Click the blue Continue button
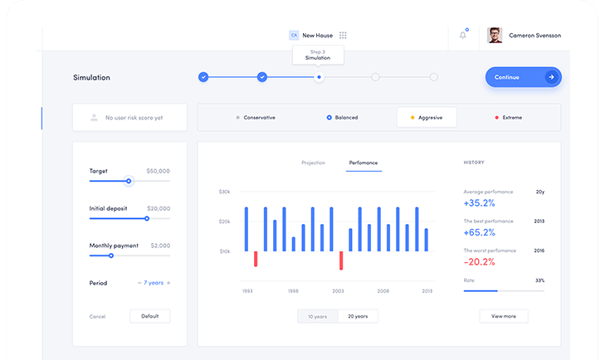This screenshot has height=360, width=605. [523, 77]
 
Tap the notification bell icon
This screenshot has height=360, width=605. [462, 35]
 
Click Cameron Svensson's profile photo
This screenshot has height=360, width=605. [495, 35]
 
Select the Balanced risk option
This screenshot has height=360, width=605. [342, 118]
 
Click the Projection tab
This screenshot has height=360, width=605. [313, 163]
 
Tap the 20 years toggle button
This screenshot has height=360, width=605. [359, 316]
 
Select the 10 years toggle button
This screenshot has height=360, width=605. [318, 316]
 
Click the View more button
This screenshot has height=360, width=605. [503, 316]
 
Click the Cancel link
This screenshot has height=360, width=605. [98, 316]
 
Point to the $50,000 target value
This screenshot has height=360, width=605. [158, 171]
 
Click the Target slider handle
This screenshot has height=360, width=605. [129, 181]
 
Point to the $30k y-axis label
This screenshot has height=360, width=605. [224, 192]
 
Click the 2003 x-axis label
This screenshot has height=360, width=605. [338, 291]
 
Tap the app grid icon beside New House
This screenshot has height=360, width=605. [343, 36]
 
